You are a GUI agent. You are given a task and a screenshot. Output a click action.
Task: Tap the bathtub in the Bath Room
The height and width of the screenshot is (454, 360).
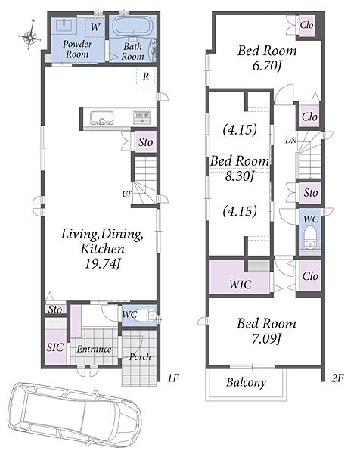click(132, 26)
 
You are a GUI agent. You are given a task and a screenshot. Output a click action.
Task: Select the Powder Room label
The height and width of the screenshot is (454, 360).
click(77, 49)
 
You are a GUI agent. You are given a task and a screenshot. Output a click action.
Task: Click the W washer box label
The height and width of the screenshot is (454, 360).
click(95, 27)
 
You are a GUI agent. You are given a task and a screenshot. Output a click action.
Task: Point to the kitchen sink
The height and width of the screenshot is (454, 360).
click(101, 118)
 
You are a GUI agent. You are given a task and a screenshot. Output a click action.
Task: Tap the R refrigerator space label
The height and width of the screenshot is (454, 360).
click(146, 76)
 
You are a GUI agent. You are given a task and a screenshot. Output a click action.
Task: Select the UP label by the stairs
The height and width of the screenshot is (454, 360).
click(127, 194)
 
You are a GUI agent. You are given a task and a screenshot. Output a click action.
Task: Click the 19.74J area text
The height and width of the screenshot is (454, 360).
click(102, 264)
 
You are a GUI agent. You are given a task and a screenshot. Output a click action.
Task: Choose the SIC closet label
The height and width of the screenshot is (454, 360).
click(55, 347)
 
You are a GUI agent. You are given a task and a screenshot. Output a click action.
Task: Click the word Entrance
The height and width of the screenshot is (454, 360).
click(94, 349)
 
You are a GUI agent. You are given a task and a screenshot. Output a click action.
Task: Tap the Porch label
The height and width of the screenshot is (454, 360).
click(140, 357)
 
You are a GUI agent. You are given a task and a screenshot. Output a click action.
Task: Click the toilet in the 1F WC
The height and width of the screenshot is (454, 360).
click(145, 316)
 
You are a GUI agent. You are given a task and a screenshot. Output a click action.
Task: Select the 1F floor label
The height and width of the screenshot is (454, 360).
click(173, 378)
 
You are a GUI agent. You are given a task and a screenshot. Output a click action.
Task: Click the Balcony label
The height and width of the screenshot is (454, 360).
click(247, 382)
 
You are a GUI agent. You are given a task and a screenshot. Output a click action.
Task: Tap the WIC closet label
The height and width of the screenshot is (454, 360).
click(241, 285)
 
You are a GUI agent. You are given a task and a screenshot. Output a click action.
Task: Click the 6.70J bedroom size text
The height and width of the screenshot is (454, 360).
click(267, 67)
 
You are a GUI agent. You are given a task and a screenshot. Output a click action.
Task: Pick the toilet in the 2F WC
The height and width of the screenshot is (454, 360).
click(310, 238)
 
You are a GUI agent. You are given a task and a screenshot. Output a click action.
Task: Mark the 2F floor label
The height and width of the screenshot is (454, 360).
click(337, 378)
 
